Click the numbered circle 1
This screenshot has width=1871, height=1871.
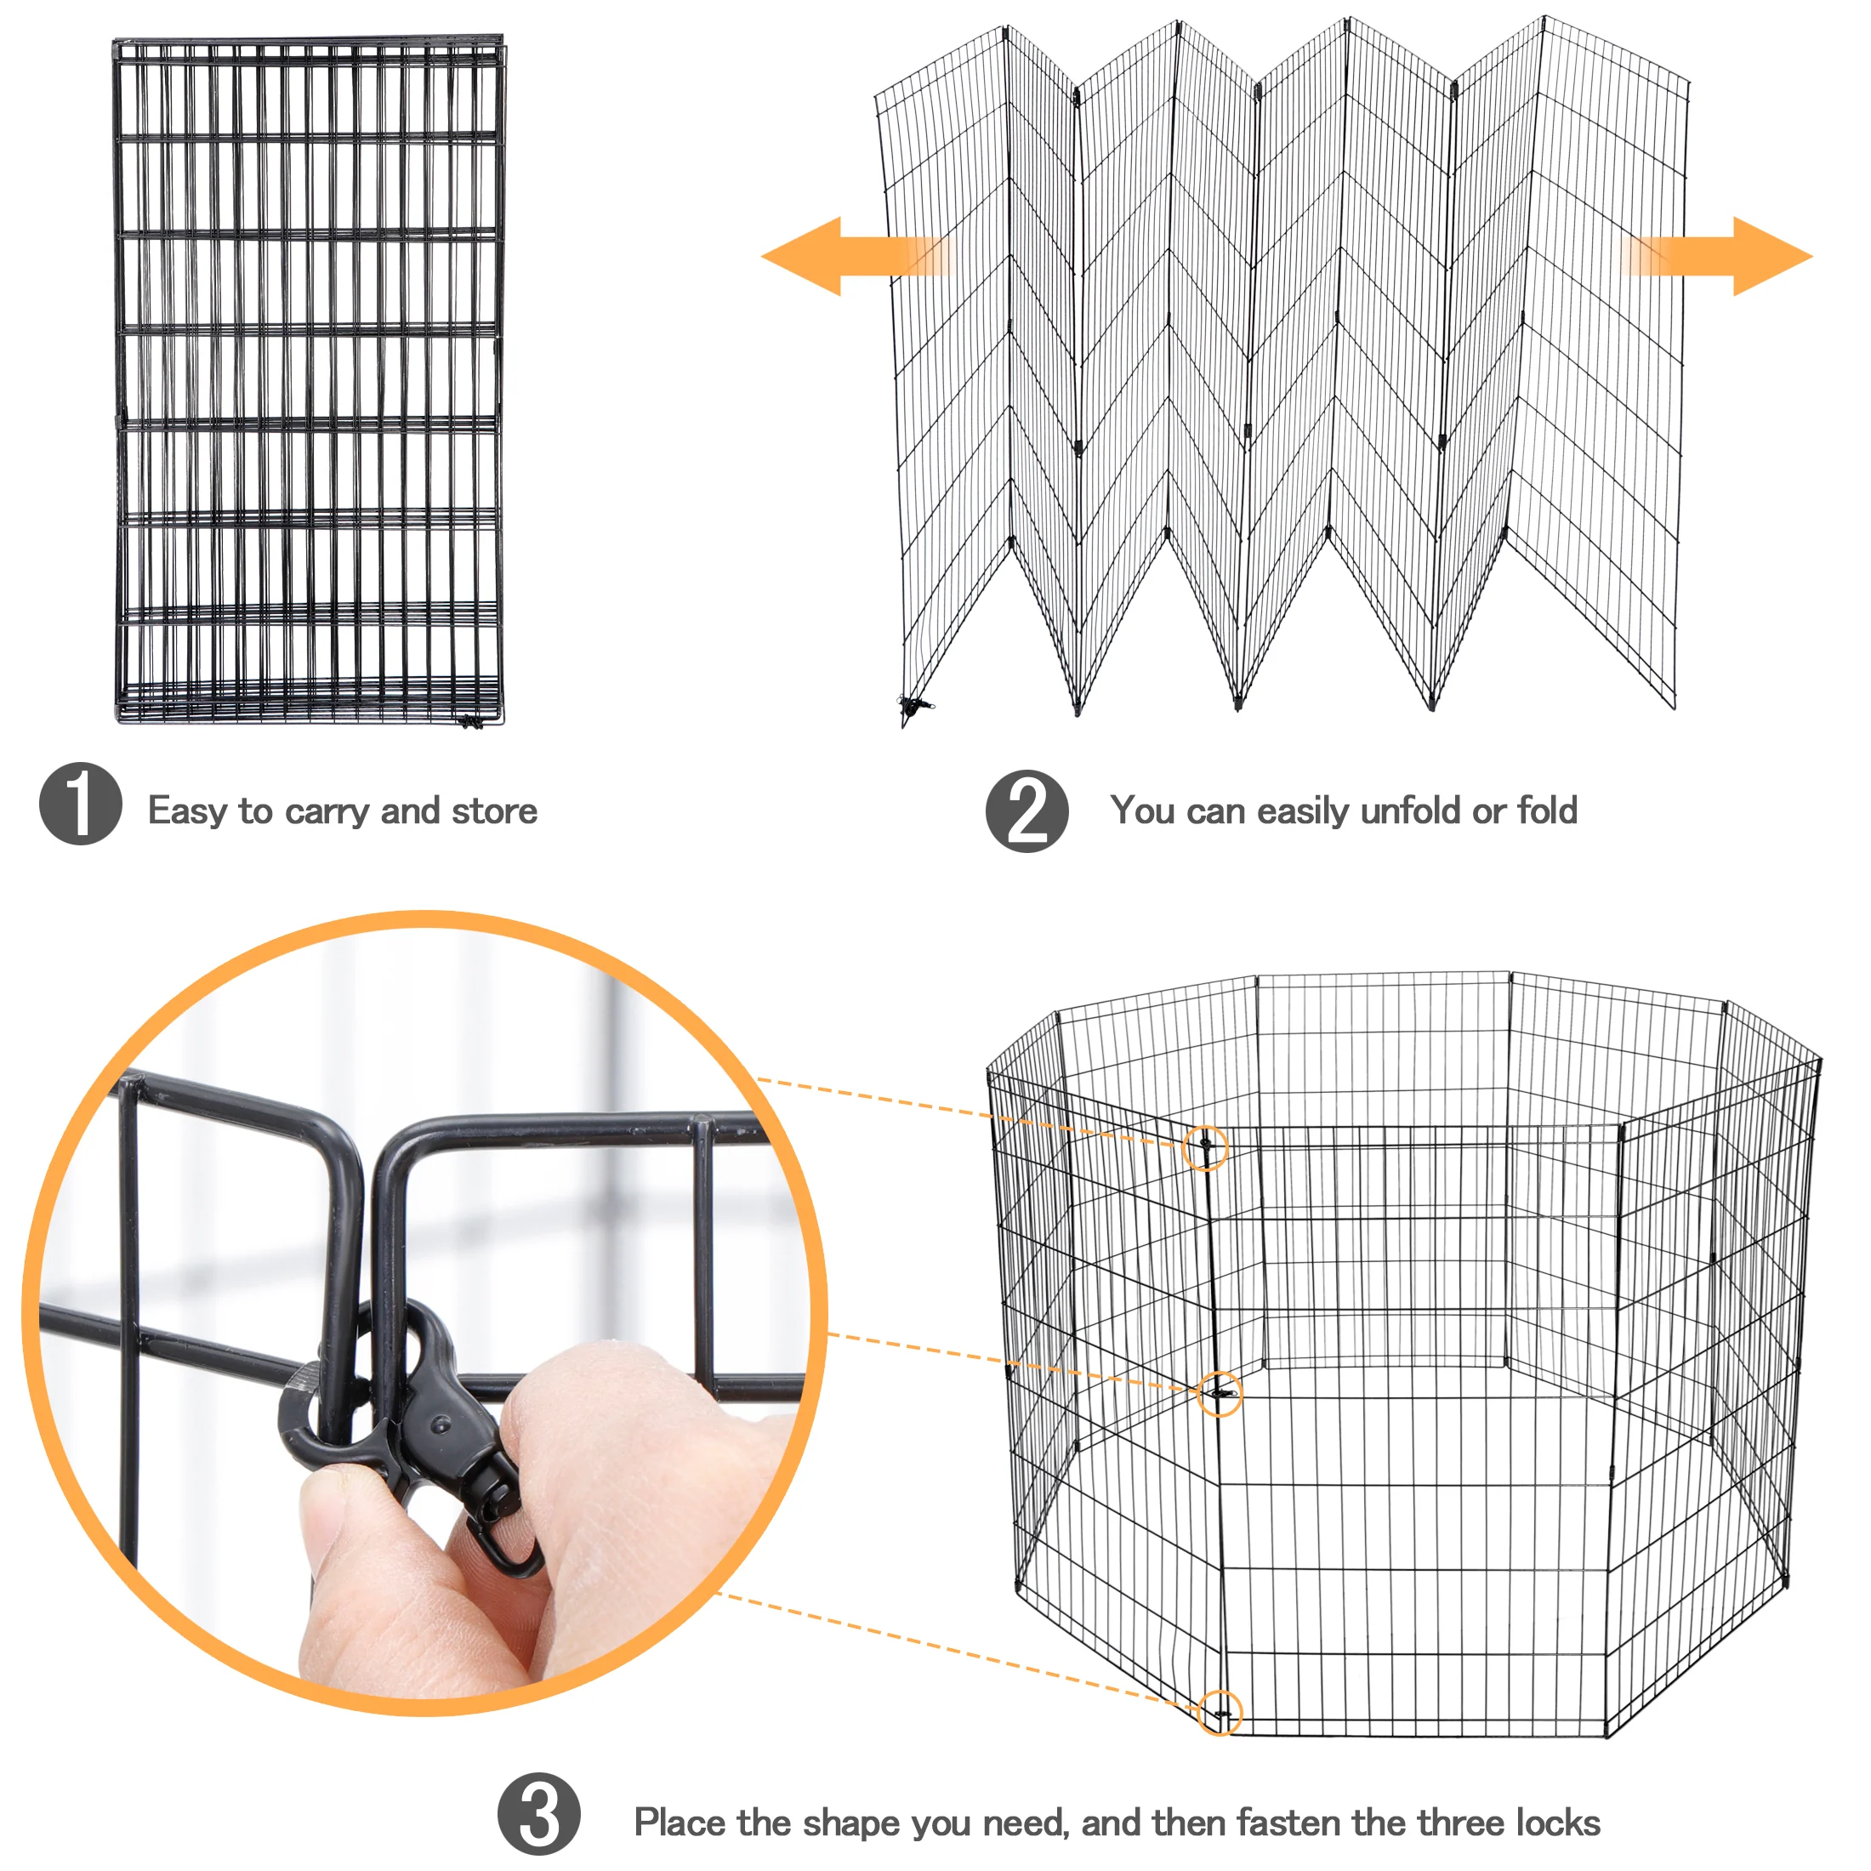[x=81, y=804]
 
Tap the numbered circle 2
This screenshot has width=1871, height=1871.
[x=1026, y=811]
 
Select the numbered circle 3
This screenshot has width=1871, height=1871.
[x=538, y=1814]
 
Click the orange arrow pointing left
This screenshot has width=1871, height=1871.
[x=833, y=256]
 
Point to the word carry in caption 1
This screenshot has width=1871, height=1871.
[x=327, y=811]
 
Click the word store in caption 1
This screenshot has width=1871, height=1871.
[x=494, y=811]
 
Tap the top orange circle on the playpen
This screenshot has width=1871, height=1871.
[x=1206, y=1149]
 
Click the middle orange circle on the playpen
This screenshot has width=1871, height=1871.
[x=1220, y=1394]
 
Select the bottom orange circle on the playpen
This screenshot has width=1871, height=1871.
[x=1220, y=1713]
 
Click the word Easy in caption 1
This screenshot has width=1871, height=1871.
[x=187, y=811]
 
